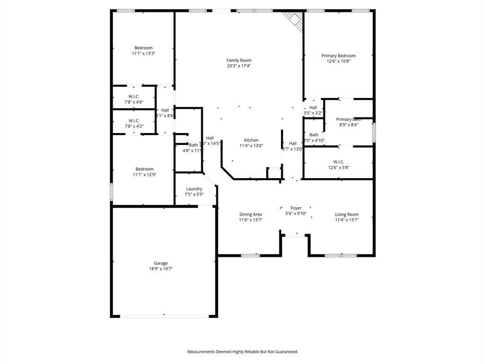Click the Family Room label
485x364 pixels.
pyautogui.click(x=239, y=60)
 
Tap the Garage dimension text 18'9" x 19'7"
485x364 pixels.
pyautogui.click(x=161, y=269)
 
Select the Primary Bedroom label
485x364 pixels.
pyautogui.click(x=338, y=55)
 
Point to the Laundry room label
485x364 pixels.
pyautogui.click(x=194, y=189)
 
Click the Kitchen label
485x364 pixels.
pyautogui.click(x=251, y=140)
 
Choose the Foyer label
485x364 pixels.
pyautogui.click(x=296, y=208)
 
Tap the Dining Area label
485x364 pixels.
pyautogui.click(x=251, y=214)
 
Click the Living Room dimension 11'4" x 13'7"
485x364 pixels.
pyautogui.click(x=347, y=220)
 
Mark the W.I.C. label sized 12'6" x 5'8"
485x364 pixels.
pyautogui.click(x=338, y=162)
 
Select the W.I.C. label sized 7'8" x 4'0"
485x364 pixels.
pyautogui.click(x=134, y=97)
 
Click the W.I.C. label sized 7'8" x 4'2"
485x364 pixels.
pyautogui.click(x=134, y=120)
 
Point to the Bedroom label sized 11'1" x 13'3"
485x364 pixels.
pyautogui.click(x=144, y=48)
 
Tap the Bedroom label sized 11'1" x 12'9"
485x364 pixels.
pyautogui.click(x=144, y=169)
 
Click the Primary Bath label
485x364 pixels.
pyautogui.click(x=349, y=119)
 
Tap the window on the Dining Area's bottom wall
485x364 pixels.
pyautogui.click(x=250, y=256)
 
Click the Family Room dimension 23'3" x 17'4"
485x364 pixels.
pyautogui.click(x=239, y=66)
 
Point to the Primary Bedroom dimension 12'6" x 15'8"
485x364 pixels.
pyautogui.click(x=338, y=61)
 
